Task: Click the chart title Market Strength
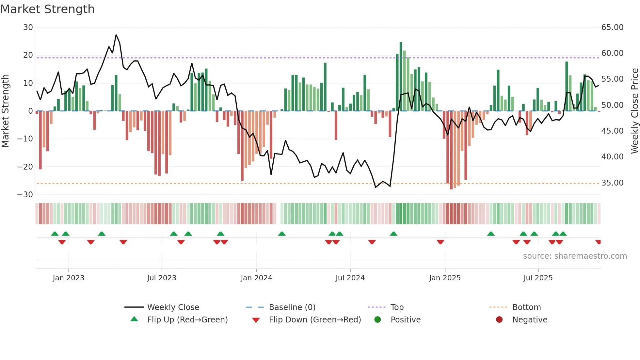click(47, 9)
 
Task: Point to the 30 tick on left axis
click(28, 27)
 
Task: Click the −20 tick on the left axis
click(25, 167)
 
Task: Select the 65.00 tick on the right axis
click(612, 27)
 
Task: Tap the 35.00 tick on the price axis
click(612, 183)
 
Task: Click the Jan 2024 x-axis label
click(256, 278)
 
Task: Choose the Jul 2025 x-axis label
click(538, 278)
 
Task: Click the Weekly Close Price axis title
click(634, 111)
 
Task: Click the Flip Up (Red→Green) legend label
click(187, 320)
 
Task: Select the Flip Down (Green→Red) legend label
click(315, 320)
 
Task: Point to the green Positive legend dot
click(377, 320)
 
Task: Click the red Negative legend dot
click(499, 320)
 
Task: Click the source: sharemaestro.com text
click(575, 256)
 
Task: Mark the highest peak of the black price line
click(116, 35)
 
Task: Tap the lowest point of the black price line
click(376, 187)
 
